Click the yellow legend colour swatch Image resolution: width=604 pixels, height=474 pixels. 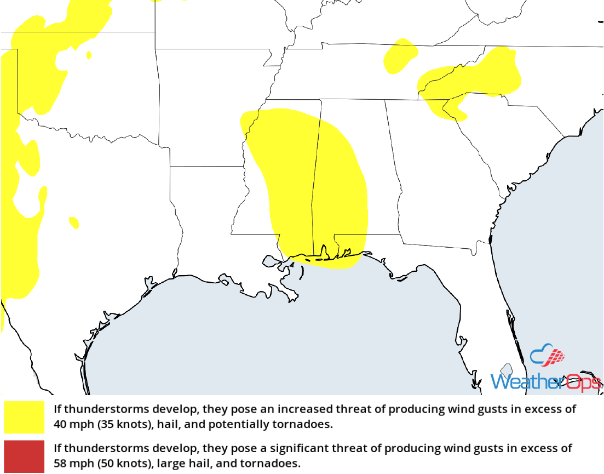[24, 417]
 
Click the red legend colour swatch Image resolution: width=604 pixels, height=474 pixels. [24, 455]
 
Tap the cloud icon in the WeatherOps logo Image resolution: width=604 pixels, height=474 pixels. [548, 356]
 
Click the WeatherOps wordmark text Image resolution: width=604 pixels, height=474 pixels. [545, 381]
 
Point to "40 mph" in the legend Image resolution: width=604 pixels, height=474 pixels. [71, 424]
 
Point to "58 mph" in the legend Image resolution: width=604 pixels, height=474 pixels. [71, 463]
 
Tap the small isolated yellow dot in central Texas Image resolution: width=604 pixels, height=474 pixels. [74, 222]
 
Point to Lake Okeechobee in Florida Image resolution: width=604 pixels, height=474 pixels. [507, 370]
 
